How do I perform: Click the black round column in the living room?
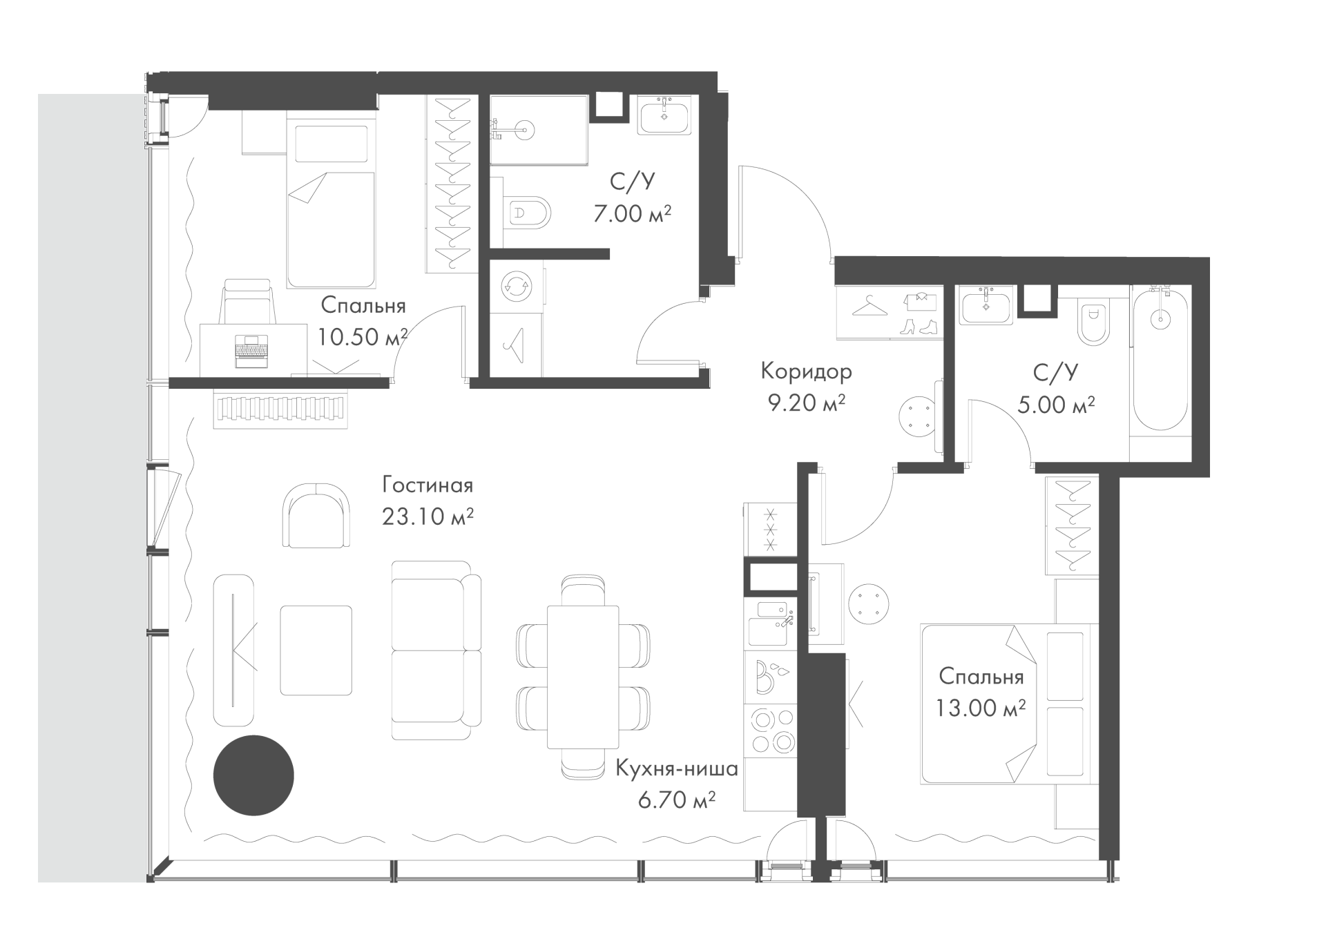[x=253, y=775]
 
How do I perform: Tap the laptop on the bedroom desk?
[x=251, y=350]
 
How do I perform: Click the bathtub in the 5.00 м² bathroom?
[x=1160, y=360]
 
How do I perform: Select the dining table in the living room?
[x=583, y=677]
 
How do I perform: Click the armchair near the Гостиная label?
[x=316, y=515]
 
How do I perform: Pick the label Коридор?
[x=806, y=371]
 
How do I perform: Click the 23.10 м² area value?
[x=427, y=516]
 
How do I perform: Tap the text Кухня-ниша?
[x=677, y=769]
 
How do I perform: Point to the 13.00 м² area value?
[x=981, y=708]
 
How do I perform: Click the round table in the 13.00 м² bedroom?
[x=869, y=603]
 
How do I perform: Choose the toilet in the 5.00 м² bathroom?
[x=1093, y=323]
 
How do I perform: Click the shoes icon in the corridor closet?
[x=919, y=326]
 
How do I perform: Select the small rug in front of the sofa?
[x=316, y=650]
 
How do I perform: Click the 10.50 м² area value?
[x=363, y=337]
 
